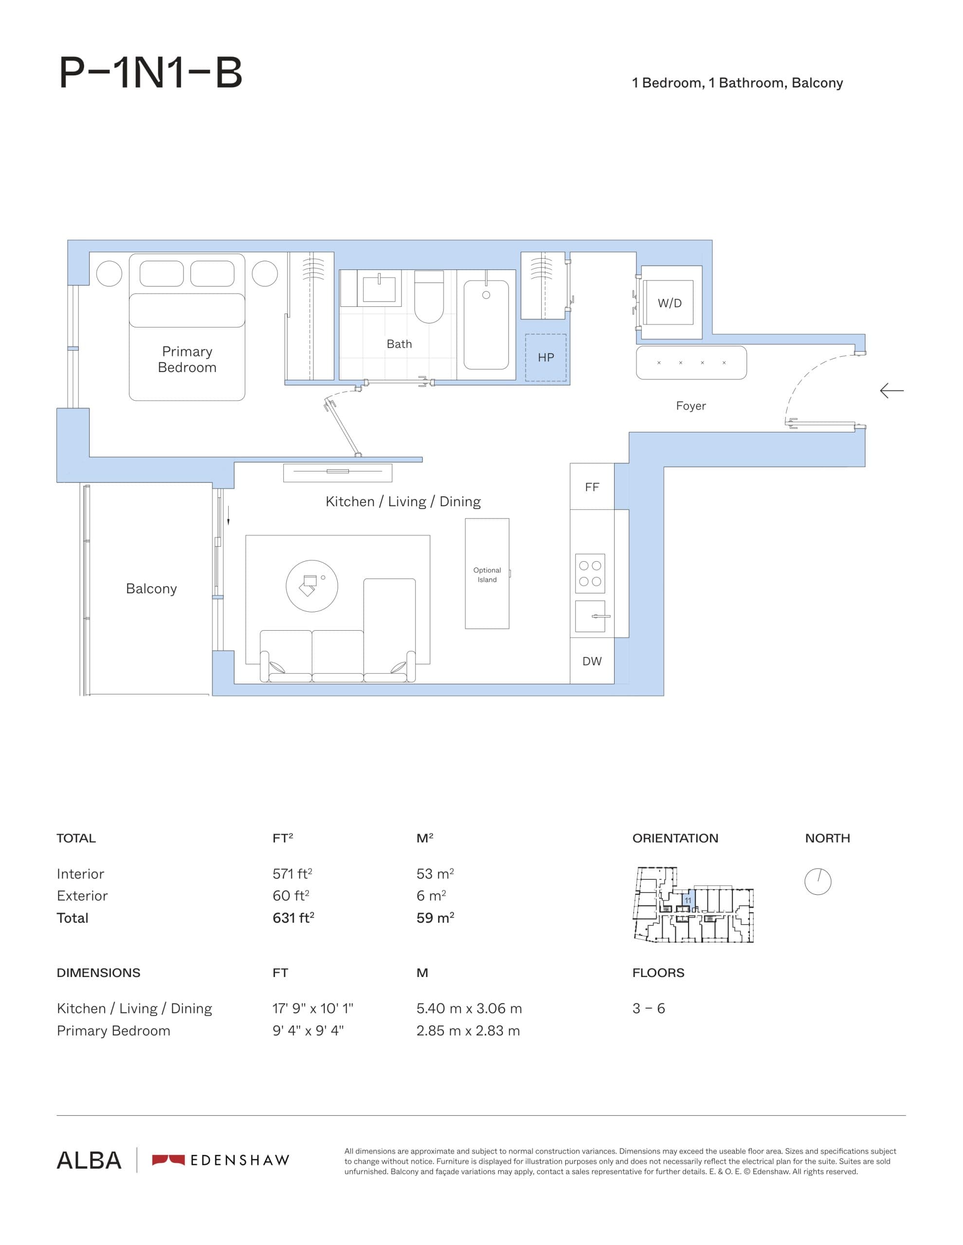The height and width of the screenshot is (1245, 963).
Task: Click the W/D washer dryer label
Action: point(669,303)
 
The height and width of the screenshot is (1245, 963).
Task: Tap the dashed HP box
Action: point(545,357)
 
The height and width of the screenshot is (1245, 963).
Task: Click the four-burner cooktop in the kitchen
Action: point(590,573)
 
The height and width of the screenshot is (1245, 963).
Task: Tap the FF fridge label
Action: point(592,487)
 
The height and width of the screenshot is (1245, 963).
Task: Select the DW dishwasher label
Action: point(592,661)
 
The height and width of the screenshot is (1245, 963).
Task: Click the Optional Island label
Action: point(487,575)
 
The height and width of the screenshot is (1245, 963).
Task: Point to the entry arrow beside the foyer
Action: point(891,391)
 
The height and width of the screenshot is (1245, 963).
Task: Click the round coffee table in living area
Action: point(311,586)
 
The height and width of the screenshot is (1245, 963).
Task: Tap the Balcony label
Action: point(151,588)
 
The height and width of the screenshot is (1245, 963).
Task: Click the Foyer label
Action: point(690,406)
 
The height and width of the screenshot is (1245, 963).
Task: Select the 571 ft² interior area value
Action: point(292,874)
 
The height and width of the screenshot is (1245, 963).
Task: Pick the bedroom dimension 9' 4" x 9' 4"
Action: point(308,1031)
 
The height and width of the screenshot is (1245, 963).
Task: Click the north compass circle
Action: point(818,881)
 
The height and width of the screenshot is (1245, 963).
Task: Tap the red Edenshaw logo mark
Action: point(168,1159)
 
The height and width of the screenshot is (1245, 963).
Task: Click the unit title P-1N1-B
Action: point(151,73)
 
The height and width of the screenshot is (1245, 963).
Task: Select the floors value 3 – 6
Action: point(648,1009)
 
